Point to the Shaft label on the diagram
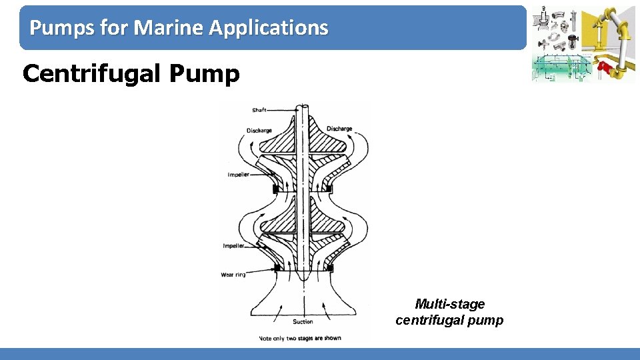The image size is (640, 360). click(x=259, y=110)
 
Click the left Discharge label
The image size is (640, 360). click(x=259, y=130)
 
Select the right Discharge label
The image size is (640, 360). click(x=339, y=129)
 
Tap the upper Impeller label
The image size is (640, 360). click(x=239, y=175)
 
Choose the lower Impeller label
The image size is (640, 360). click(x=234, y=246)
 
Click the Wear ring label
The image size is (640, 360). click(x=233, y=275)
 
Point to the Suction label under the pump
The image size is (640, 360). click(x=303, y=322)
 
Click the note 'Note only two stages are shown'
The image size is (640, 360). click(x=299, y=338)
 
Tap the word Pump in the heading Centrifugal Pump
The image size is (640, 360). click(x=204, y=73)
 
